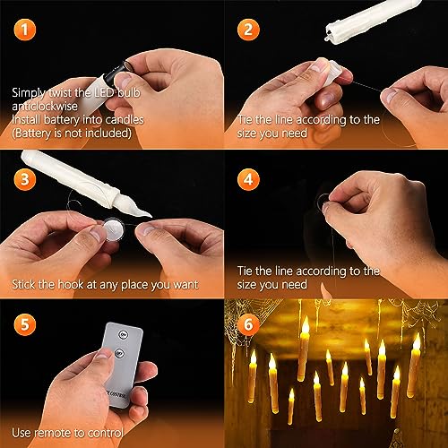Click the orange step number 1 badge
coord(25,30)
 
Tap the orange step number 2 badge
coord(248,30)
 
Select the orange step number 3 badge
coord(25,179)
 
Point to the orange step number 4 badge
coord(248,179)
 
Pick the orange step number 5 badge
coord(25,324)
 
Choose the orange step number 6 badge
coord(248,324)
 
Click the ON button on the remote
coord(123,334)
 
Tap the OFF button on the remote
coord(119,354)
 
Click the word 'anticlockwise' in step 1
coord(45,106)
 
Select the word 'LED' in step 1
coord(104,92)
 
